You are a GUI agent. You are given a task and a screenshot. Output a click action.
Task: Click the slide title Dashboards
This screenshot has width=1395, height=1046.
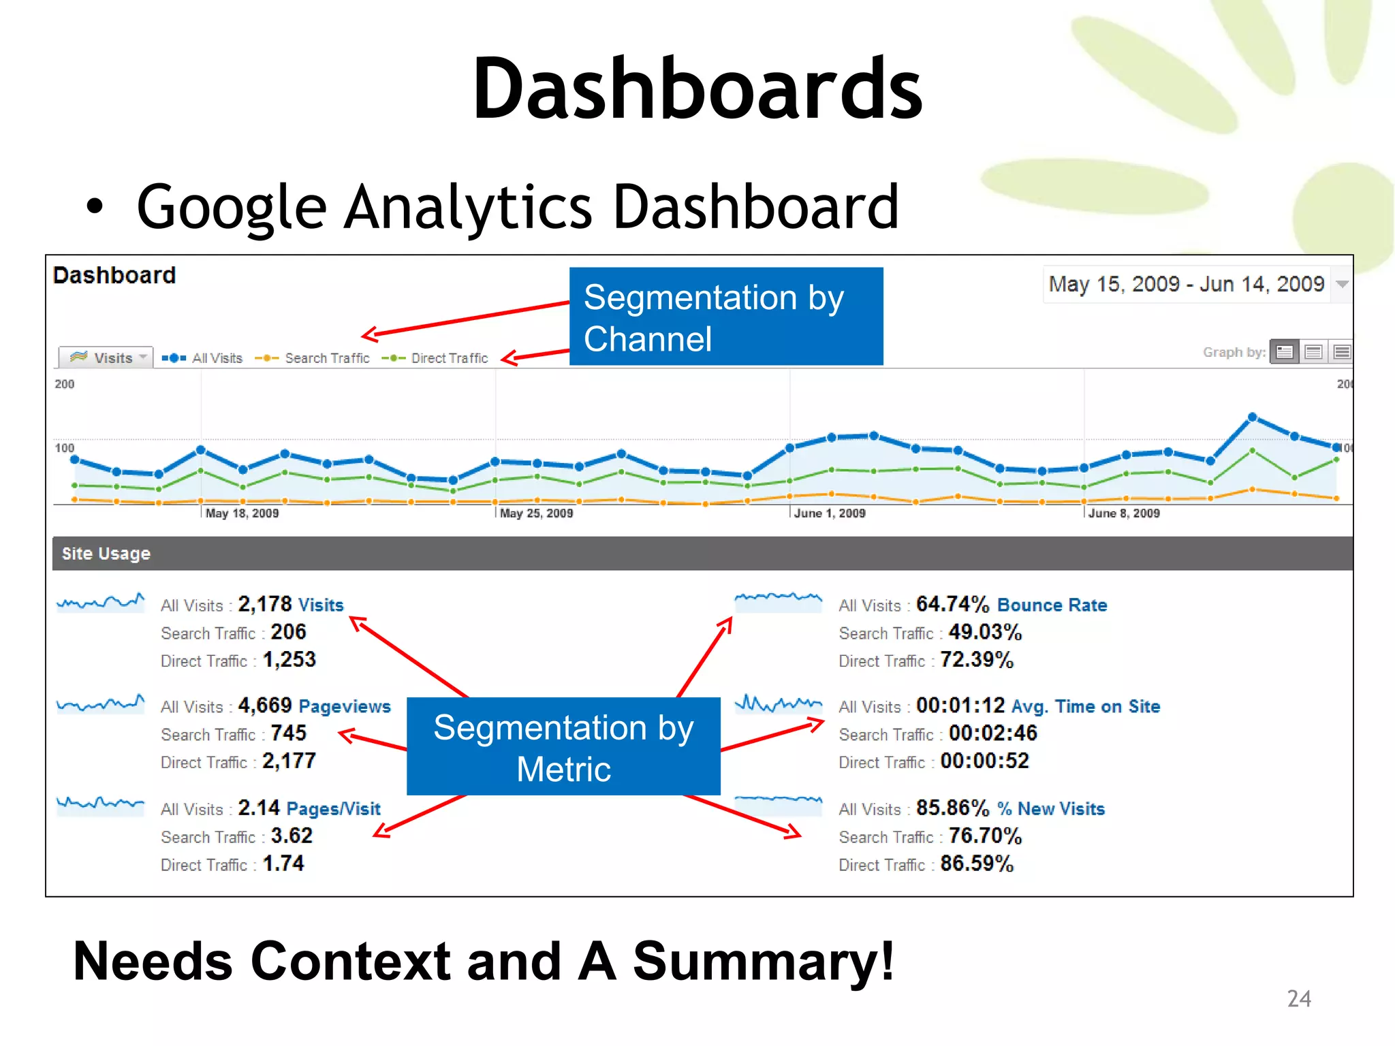[x=697, y=89]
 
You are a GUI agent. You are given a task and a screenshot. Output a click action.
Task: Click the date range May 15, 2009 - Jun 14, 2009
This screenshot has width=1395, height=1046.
[x=1186, y=284]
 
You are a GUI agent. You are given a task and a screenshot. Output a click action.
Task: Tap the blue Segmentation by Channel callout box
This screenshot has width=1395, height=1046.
[x=725, y=317]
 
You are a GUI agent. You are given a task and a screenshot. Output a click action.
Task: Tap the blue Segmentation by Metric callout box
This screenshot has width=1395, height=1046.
[x=563, y=747]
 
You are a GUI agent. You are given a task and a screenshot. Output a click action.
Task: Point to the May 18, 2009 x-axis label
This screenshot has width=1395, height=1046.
[x=242, y=513]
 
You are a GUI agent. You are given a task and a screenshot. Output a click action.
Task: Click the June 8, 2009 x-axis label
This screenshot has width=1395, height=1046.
[x=1124, y=513]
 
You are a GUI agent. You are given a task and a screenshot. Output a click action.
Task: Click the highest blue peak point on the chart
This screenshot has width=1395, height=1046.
[x=1252, y=417]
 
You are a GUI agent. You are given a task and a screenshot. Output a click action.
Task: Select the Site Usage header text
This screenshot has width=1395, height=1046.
[x=106, y=554]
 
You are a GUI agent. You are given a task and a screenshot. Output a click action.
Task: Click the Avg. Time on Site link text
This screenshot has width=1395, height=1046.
[x=1086, y=706]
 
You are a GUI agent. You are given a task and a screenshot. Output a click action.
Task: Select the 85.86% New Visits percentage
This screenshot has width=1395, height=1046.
[x=952, y=808]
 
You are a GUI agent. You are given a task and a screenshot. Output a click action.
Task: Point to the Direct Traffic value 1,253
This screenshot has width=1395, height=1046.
[x=289, y=660]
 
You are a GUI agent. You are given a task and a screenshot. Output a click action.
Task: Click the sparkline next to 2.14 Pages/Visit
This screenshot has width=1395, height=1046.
[x=100, y=804]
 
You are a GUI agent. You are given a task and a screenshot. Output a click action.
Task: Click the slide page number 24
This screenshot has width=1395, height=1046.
[x=1299, y=998]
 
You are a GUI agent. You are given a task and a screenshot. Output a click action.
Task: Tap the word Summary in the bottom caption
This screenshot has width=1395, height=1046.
[x=764, y=961]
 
